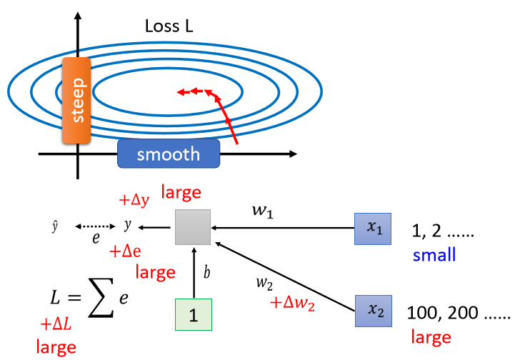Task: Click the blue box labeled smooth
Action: (168, 154)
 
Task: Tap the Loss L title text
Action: (169, 26)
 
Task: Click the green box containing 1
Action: (194, 314)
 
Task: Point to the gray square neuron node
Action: (193, 228)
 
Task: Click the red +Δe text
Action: (126, 251)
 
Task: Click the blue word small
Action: (433, 255)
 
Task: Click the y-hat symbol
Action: (55, 226)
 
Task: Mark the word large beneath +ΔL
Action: (57, 348)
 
